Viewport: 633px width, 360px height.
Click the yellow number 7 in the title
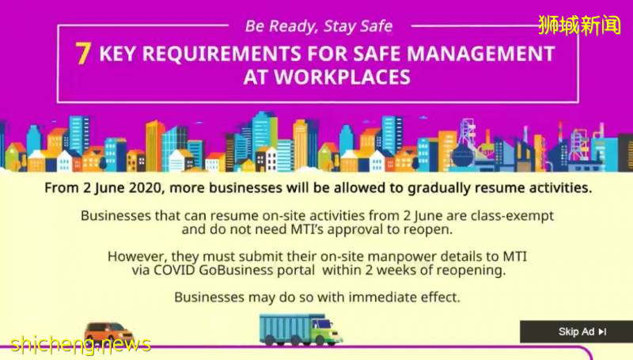83,54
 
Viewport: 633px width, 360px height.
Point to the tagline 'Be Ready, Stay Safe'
319,26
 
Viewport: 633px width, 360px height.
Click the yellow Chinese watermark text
579,25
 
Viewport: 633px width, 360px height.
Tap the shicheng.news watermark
81,344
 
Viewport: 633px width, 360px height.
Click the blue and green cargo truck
301,329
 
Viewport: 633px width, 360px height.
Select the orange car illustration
108,332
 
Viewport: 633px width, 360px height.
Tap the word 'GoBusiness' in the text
236,270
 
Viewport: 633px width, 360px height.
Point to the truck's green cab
326,329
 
